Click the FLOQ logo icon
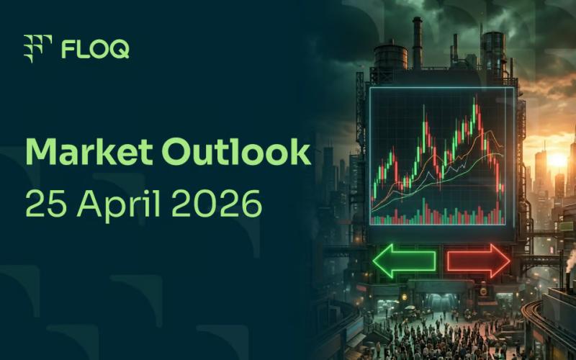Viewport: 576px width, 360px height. pyautogui.click(x=38, y=48)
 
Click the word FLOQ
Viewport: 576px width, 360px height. pyautogui.click(x=95, y=49)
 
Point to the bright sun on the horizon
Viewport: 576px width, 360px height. pyautogui.click(x=558, y=160)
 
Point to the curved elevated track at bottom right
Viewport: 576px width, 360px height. pyautogui.click(x=547, y=317)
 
